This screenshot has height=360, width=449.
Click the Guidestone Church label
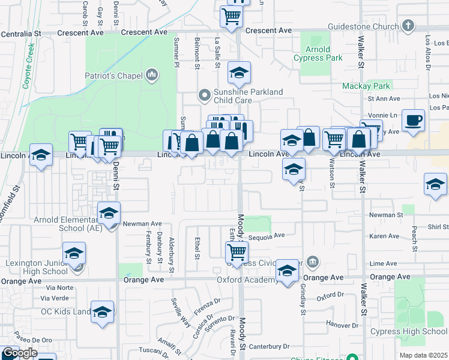(363, 26)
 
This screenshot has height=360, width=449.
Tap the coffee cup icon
(412, 119)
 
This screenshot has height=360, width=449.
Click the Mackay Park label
(366, 86)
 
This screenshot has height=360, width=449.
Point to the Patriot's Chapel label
(113, 75)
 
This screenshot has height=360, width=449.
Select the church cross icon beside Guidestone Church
(408, 26)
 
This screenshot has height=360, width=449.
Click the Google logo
(19, 353)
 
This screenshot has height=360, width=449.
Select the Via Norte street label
(58, 287)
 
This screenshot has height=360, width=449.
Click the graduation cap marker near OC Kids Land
(103, 312)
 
